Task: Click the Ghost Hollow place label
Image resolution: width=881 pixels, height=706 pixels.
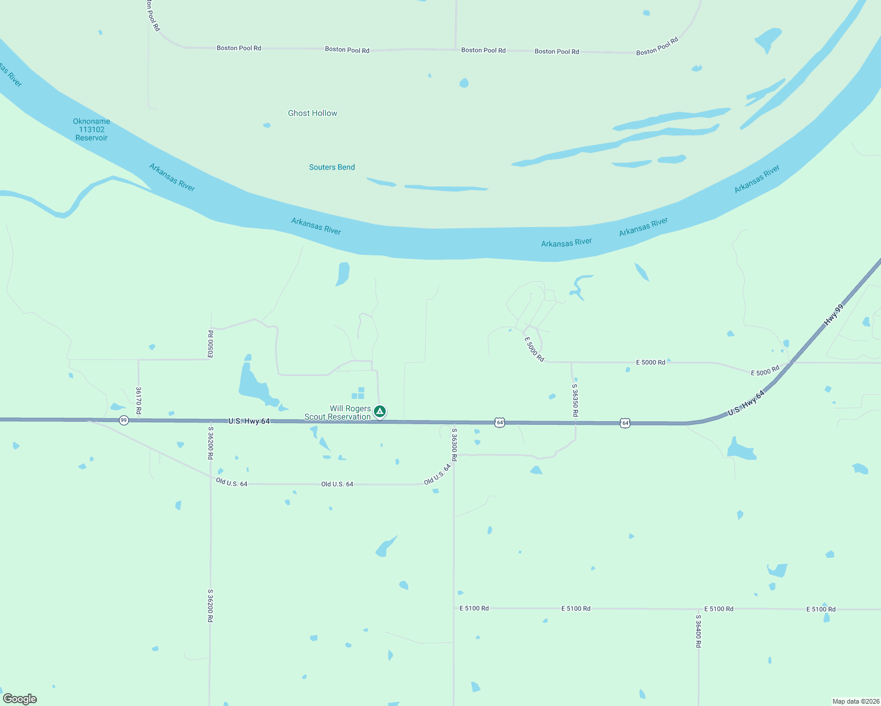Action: pos(312,113)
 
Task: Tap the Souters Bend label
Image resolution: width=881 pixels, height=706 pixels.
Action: pos(332,167)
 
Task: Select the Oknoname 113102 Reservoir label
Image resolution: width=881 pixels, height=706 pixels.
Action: pos(91,129)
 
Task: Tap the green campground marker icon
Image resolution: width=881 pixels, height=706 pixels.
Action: pos(380,411)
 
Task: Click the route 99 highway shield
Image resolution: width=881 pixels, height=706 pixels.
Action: pos(124,420)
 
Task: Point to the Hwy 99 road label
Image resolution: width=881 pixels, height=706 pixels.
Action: pos(833,315)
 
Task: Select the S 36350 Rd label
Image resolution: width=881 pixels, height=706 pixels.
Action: pos(575,400)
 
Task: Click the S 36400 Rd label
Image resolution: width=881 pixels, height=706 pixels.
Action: pos(698,631)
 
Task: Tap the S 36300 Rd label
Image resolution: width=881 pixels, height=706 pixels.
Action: pos(454,444)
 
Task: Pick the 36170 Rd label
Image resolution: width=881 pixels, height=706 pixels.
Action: pos(138,400)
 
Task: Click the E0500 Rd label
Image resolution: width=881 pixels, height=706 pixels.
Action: pos(210,344)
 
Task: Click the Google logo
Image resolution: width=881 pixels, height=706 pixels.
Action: pos(20,699)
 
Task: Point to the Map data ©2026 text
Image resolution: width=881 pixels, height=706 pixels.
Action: pos(855,701)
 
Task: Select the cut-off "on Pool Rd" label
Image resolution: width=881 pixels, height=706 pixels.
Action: pos(153,15)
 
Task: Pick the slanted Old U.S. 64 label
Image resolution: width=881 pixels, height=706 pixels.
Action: pos(438,474)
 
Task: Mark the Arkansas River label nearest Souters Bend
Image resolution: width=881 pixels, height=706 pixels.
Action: pos(316,226)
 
